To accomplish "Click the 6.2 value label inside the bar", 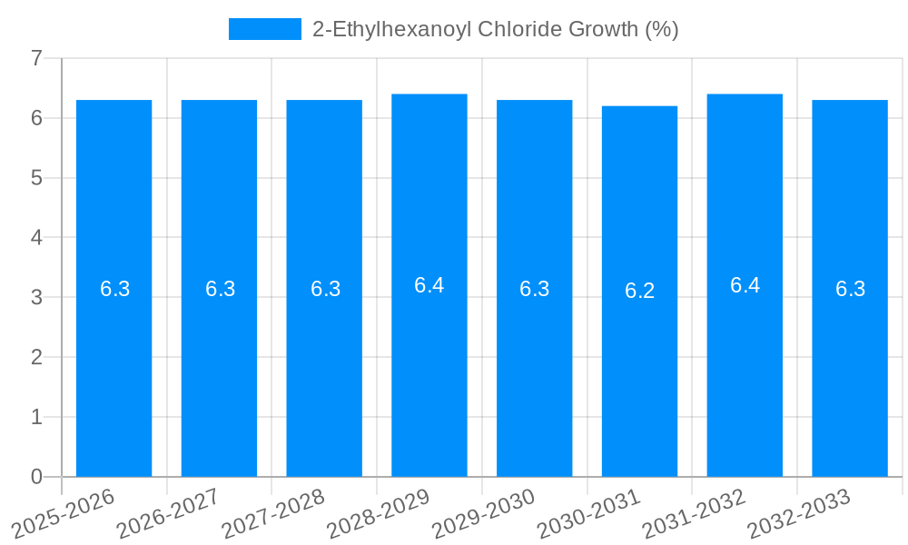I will point(639,291).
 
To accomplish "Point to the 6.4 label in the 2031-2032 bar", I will point(745,285).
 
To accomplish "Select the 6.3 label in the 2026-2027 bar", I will point(220,289).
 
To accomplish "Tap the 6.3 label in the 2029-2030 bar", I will point(534,289).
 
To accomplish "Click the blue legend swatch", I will point(264,29).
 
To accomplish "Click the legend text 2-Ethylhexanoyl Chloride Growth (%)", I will point(495,29).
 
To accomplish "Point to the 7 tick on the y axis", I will point(36,58).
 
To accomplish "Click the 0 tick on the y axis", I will point(36,477).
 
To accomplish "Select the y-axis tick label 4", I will point(36,238).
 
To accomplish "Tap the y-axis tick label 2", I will point(36,357).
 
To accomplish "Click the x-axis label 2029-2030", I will point(484,513).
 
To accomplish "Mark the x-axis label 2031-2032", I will point(694,513).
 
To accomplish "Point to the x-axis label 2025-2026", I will point(64,513).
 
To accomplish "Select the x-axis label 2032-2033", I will point(799,513).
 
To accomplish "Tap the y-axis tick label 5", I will point(36,178).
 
